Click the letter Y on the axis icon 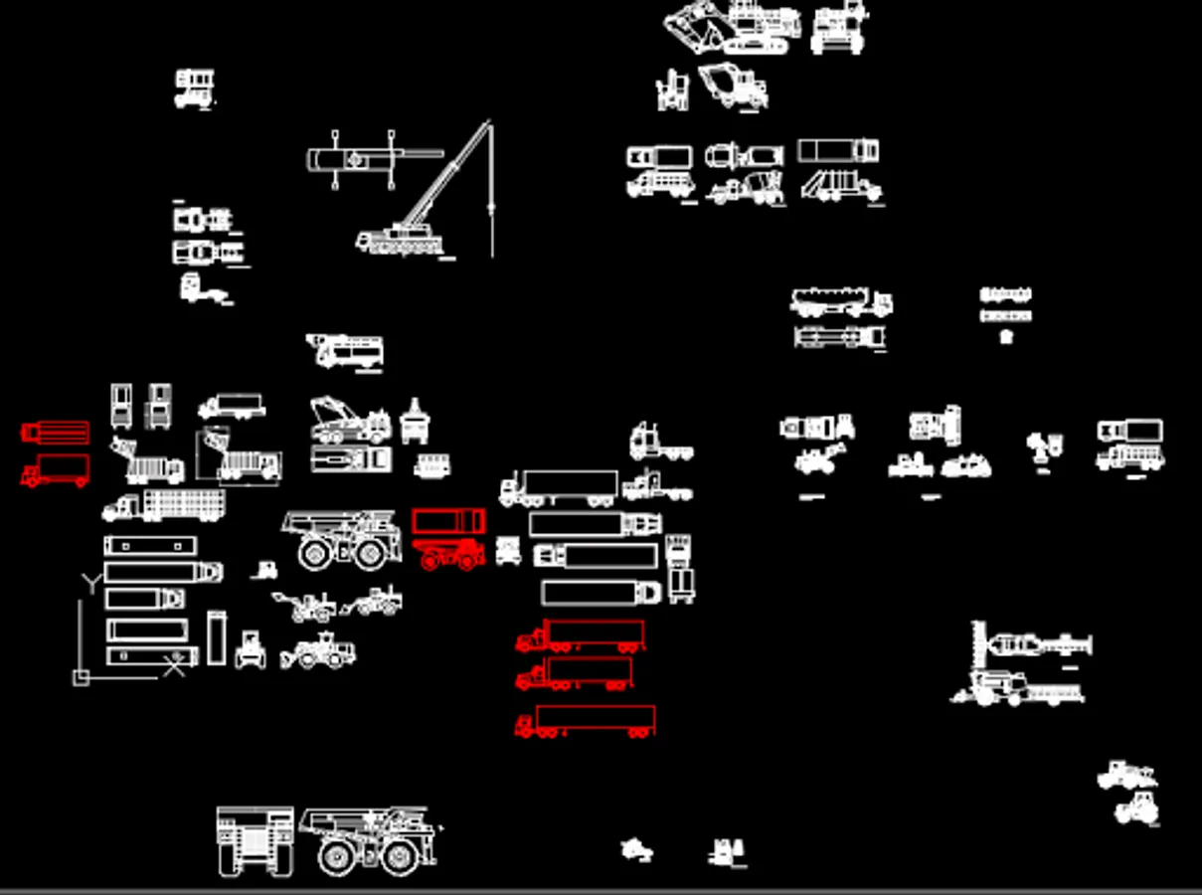[91, 581]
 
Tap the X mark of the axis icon [174, 664]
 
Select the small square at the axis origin [82, 677]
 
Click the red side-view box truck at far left [56, 469]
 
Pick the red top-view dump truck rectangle [448, 520]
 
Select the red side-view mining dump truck [451, 555]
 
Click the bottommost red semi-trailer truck [585, 721]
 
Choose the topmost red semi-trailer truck [580, 634]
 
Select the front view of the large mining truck [256, 840]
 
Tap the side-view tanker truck [840, 301]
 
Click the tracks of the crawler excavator [757, 45]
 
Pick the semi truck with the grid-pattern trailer [164, 505]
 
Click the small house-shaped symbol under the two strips [1006, 336]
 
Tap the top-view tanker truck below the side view [839, 337]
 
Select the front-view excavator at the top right [837, 28]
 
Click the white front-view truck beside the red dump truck [508, 550]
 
